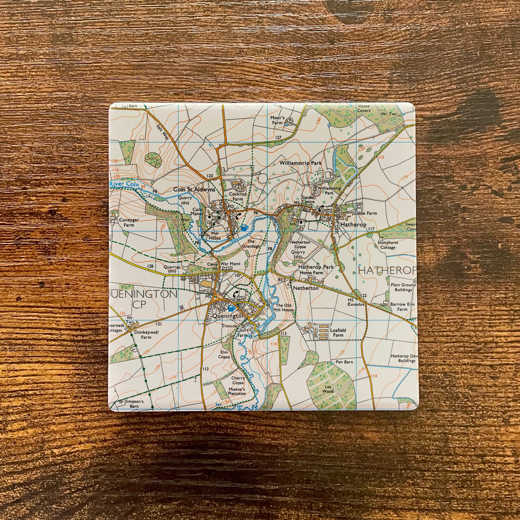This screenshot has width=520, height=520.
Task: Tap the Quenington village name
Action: (x=229, y=316)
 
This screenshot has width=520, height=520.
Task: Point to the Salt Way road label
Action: (x=162, y=132)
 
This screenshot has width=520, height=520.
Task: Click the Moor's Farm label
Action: (x=277, y=120)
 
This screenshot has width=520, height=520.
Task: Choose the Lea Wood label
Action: (x=328, y=389)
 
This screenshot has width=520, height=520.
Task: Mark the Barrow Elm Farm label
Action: (x=402, y=307)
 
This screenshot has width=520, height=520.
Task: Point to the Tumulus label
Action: (x=356, y=304)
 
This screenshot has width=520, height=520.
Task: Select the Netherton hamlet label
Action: (x=306, y=288)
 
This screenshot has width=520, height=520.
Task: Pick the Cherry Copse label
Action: (x=238, y=380)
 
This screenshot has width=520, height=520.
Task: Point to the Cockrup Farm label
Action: (x=236, y=197)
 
